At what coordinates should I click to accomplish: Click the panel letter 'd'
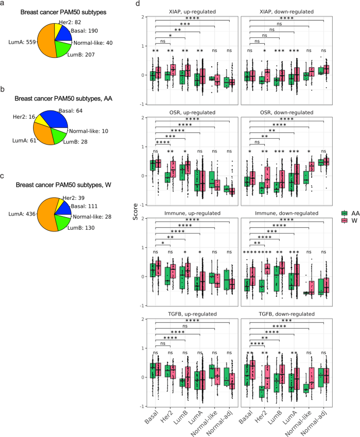coord(138,4)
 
